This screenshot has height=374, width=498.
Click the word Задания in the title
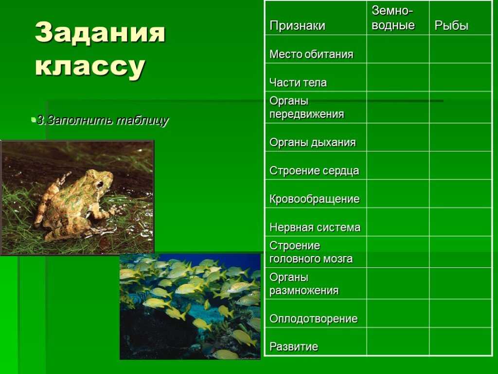(100, 33)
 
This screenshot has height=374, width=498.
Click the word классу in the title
(90, 66)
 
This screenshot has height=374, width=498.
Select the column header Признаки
(297, 25)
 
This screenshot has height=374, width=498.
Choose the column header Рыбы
(451, 25)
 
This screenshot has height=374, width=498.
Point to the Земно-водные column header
(393, 18)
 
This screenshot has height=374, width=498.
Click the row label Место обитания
(311, 54)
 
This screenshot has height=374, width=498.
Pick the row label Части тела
(298, 82)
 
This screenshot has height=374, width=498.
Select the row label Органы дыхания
(313, 142)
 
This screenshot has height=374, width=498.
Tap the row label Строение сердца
(314, 170)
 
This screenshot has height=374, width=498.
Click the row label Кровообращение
(315, 199)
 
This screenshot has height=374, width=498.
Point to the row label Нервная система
(315, 227)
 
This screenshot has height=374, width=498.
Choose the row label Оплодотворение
(314, 318)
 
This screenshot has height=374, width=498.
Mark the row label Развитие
(294, 346)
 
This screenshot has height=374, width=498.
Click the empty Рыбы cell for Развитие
(460, 341)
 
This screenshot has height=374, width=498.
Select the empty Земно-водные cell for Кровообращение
(398, 194)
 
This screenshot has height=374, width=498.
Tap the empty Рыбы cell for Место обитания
(460, 49)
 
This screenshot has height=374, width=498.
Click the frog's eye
(100, 185)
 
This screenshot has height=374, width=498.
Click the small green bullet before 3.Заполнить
(33, 120)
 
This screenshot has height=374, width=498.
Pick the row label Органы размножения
(304, 284)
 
